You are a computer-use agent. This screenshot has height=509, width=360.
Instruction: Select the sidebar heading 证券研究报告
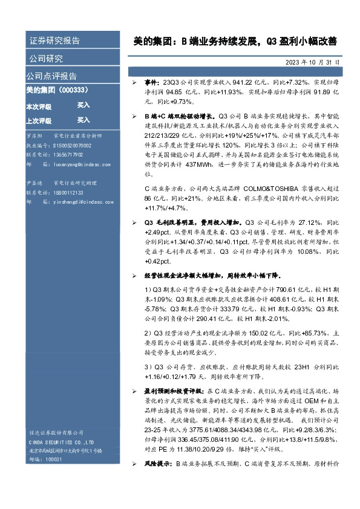coord(55,41)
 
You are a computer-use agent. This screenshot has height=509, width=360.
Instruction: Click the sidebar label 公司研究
coord(46,59)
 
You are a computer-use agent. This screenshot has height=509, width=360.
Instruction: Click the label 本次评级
coord(38,106)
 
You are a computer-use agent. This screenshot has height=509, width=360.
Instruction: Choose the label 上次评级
coord(38,120)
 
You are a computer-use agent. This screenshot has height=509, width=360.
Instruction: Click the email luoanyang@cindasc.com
coord(84,164)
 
